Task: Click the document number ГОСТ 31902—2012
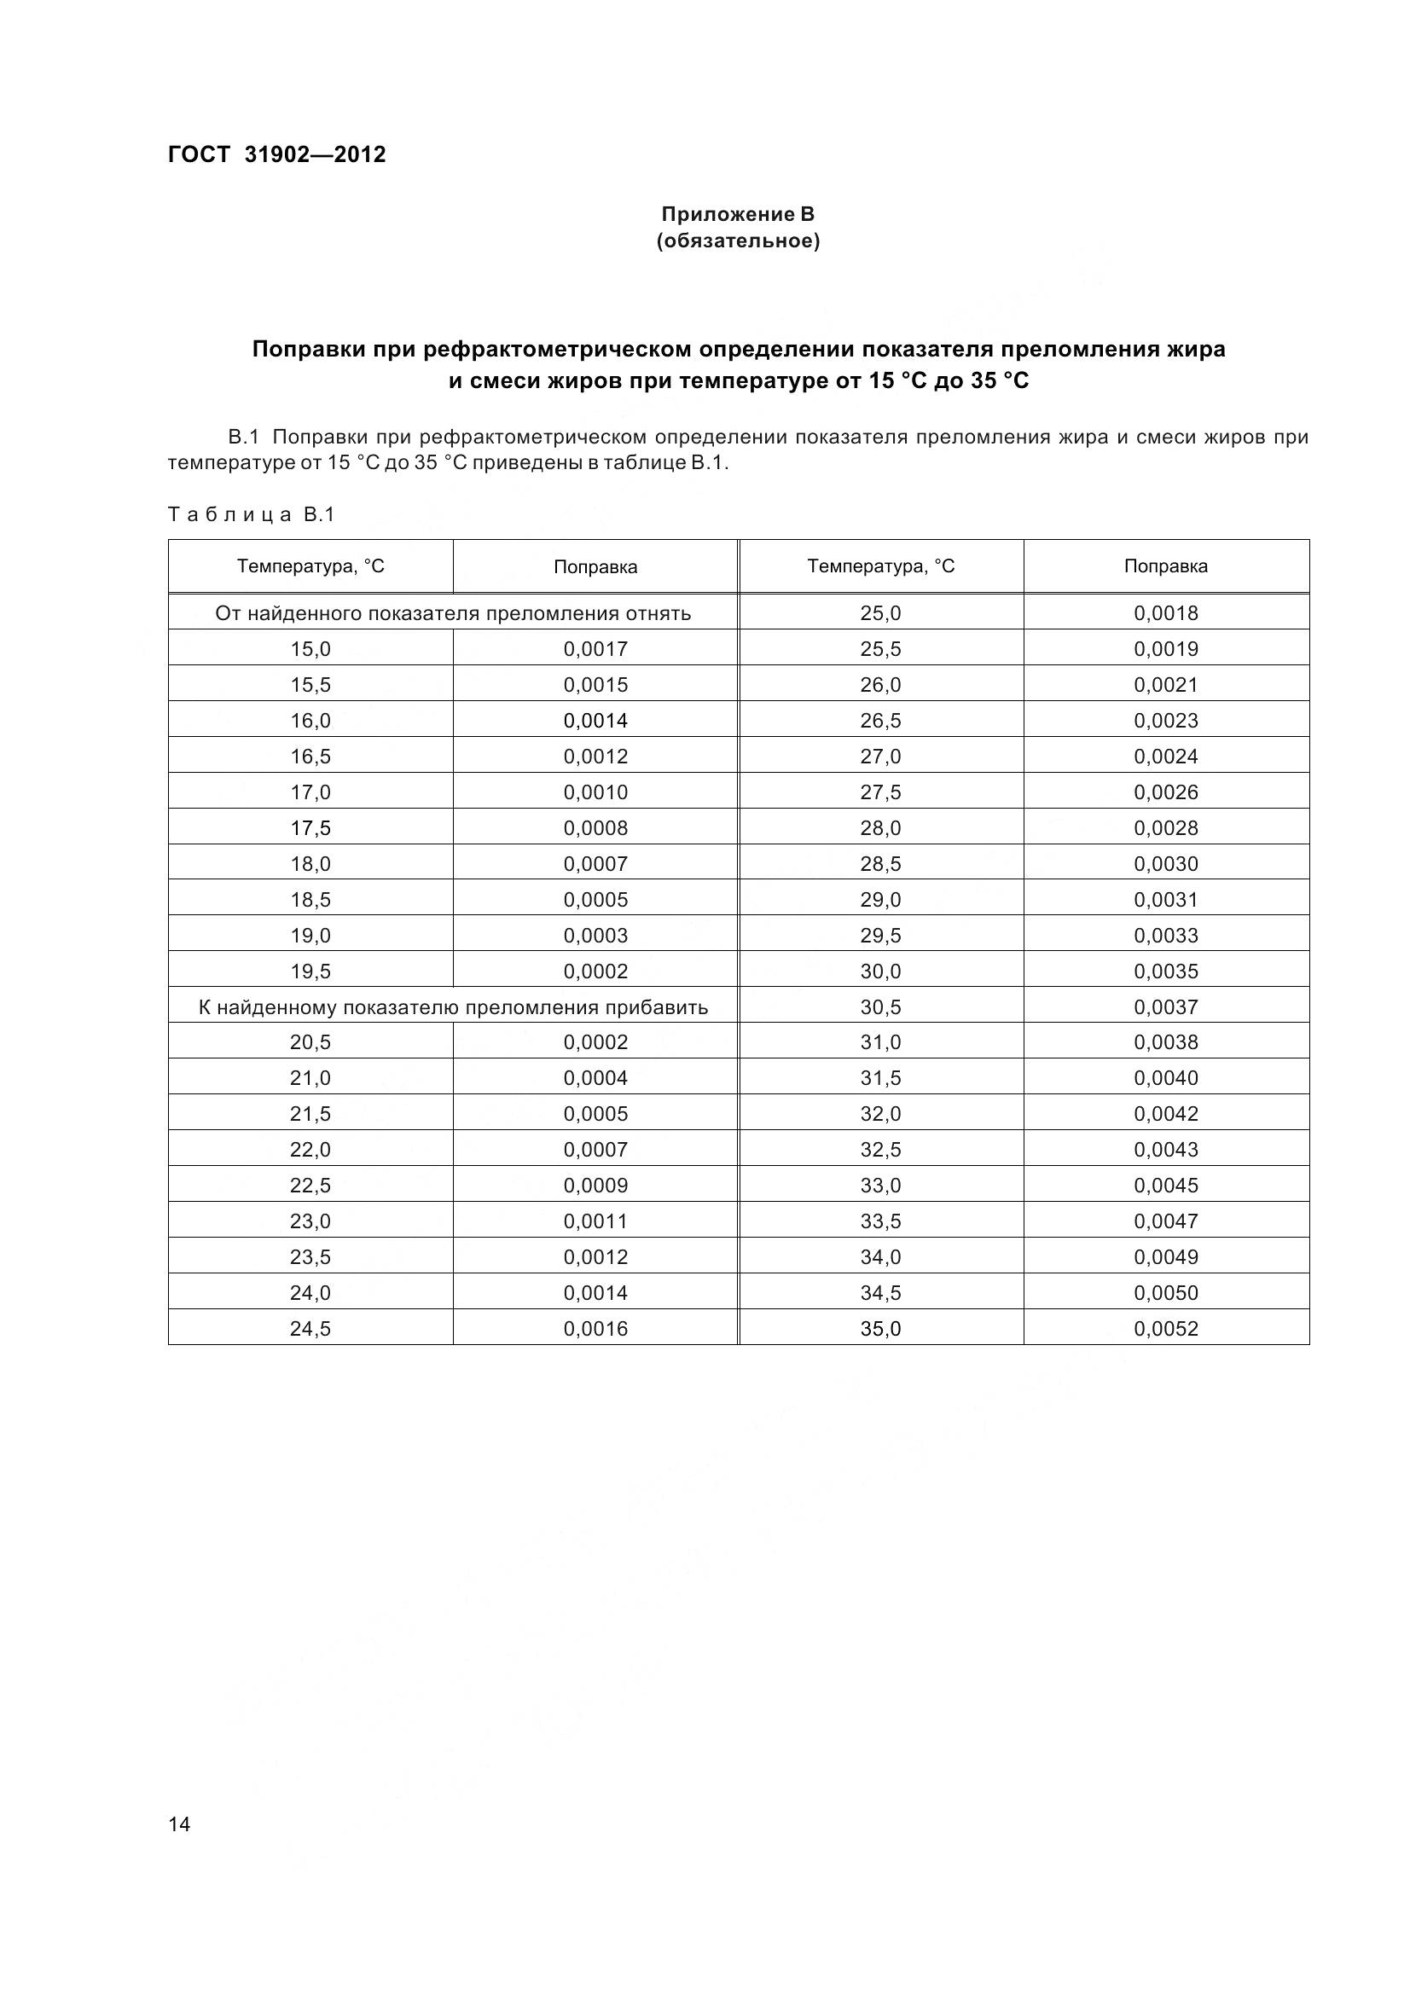coord(276,154)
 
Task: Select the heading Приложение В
coord(738,214)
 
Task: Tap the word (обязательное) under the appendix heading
coord(738,241)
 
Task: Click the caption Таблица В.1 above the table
coord(251,514)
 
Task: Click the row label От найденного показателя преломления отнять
coord(453,613)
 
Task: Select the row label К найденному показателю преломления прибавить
coord(453,1007)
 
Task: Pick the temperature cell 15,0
coord(310,649)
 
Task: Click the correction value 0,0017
coord(595,649)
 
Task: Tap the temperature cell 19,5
coord(310,971)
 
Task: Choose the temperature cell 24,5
coord(310,1329)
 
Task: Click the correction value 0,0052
coord(1166,1329)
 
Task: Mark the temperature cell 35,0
coord(880,1329)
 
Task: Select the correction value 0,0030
coord(1166,864)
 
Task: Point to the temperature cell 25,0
coord(880,613)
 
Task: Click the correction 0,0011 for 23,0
coord(595,1221)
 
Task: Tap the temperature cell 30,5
coord(880,1007)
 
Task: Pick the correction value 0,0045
coord(1166,1186)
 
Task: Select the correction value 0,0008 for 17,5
coord(595,828)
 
